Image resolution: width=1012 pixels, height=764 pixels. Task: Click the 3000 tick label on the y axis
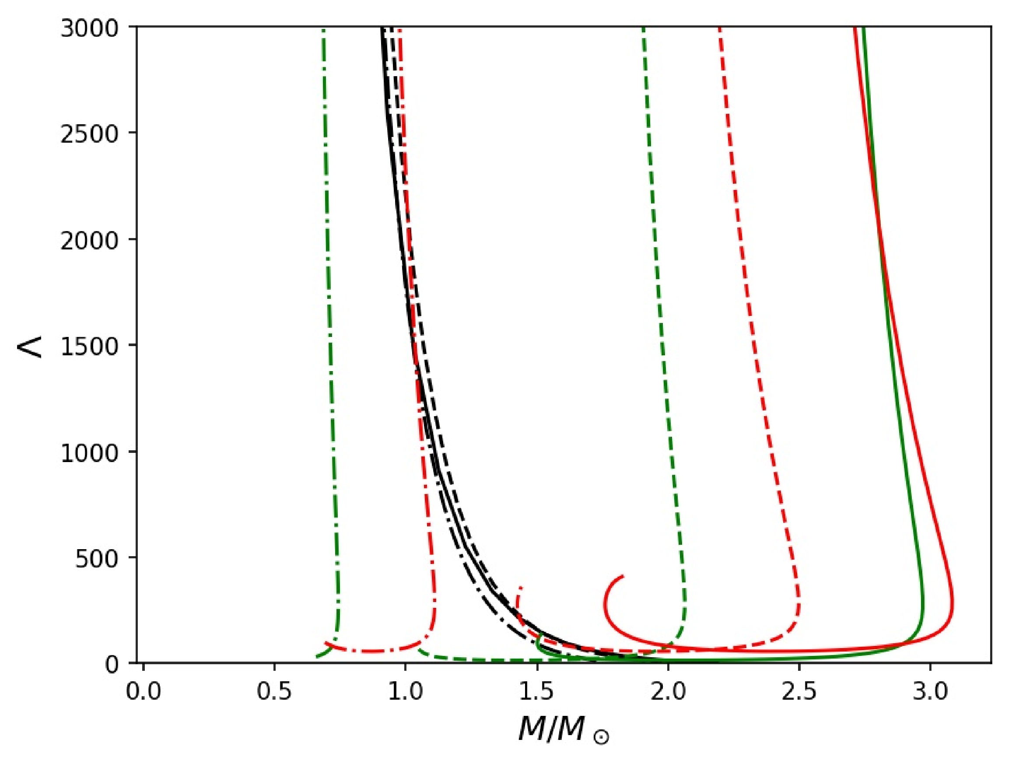coord(89,29)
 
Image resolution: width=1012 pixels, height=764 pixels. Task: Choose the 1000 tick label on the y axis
coord(89,453)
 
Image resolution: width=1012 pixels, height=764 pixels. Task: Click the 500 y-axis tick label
coord(97,559)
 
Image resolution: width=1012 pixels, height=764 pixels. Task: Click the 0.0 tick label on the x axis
coord(143,692)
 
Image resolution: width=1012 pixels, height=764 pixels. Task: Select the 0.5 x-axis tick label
coord(274,692)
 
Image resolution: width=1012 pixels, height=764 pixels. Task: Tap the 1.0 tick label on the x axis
coord(405,692)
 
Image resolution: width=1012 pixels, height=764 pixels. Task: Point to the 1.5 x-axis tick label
coord(537,692)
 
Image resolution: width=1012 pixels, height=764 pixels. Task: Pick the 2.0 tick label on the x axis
coord(668,692)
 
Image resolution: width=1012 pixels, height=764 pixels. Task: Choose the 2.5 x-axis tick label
coord(799,692)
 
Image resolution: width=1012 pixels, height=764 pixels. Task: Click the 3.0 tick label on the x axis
coord(930,692)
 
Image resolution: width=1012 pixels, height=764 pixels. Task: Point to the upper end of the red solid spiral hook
coord(623,576)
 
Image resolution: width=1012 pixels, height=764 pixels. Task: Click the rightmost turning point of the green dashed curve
coord(686,609)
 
